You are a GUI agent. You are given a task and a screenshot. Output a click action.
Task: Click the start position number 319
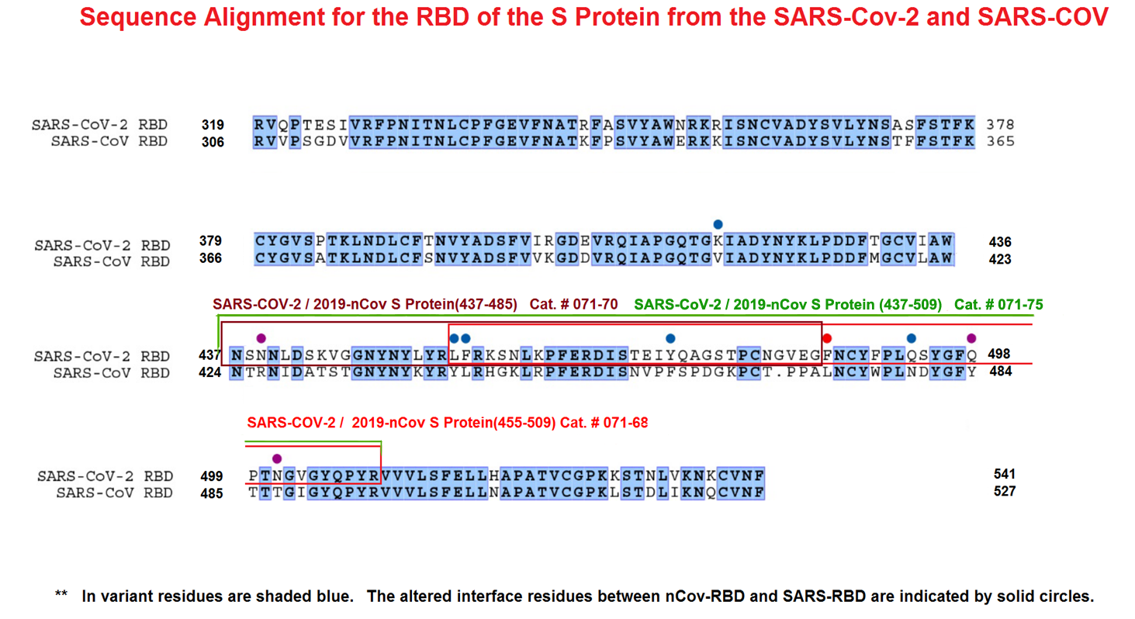tap(213, 125)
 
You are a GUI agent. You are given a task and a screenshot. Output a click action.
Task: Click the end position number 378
tap(1000, 124)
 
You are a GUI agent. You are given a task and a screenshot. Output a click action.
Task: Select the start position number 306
tap(213, 142)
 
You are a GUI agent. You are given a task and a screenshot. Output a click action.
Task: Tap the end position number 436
tap(1000, 242)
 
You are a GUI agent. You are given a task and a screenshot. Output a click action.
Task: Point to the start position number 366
tap(210, 258)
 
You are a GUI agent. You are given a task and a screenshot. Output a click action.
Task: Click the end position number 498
tap(998, 354)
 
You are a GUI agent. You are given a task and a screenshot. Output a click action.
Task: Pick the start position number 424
tap(209, 372)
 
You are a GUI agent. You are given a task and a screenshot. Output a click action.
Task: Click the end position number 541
tap(1004, 474)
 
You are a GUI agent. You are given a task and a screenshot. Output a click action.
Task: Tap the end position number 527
tap(1004, 491)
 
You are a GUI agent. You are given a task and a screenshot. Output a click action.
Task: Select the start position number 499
tap(211, 476)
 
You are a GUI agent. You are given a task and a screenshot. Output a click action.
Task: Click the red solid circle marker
tap(827, 338)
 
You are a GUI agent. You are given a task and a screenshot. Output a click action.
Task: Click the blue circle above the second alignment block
tap(718, 224)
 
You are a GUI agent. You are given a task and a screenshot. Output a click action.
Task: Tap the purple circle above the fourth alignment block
tap(277, 458)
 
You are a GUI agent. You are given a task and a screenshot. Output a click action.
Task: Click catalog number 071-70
tap(573, 304)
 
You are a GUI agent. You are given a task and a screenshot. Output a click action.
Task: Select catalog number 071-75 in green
tap(998, 304)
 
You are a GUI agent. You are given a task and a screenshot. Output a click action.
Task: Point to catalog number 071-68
tap(604, 423)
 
